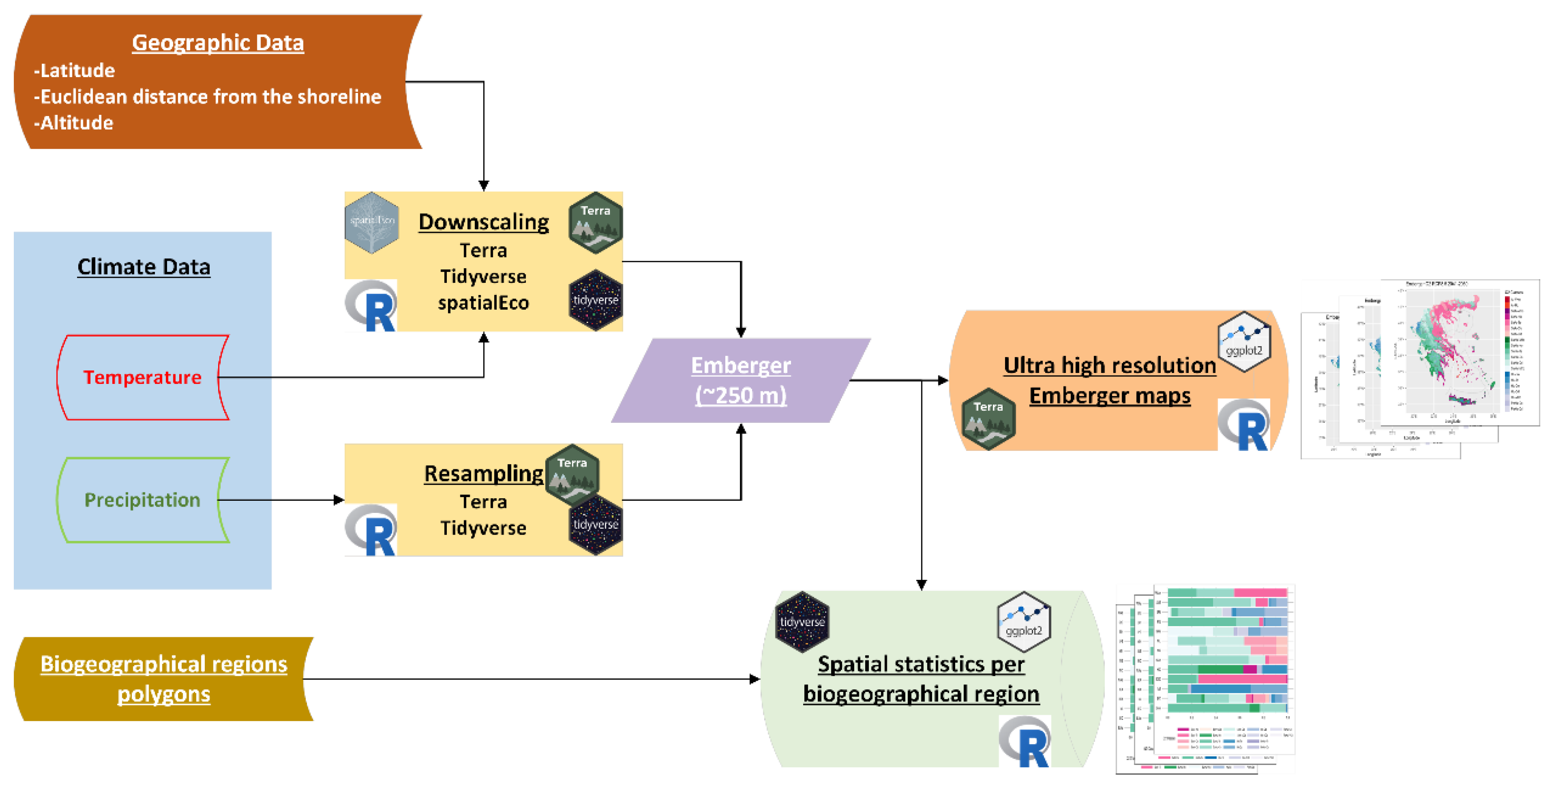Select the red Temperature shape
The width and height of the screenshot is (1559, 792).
coord(143,377)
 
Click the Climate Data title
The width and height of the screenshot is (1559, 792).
coord(144,267)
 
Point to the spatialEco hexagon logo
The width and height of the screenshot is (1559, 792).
coord(371,222)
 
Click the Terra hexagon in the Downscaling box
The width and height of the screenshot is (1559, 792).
coord(595,222)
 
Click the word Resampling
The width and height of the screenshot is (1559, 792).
coord(484,474)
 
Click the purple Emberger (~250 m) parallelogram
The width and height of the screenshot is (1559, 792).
coord(741,380)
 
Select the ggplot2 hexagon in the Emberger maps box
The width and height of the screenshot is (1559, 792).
coord(1244,342)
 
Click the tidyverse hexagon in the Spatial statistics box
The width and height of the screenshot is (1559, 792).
coord(802,622)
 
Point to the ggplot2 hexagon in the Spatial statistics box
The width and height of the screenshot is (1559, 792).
coord(1023,622)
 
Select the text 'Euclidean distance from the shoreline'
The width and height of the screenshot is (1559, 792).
coord(211,97)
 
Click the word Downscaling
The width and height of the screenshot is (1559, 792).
coord(484,222)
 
